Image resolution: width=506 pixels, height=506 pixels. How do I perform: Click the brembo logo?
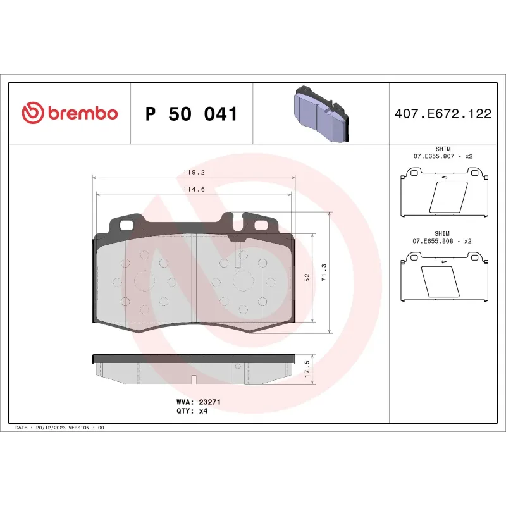pyautogui.click(x=70, y=113)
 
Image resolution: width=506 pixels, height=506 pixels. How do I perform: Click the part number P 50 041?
pyautogui.click(x=191, y=114)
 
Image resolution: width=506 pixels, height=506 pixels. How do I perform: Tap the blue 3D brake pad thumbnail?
pyautogui.click(x=321, y=113)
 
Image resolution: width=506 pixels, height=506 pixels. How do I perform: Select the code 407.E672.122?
pyautogui.click(x=443, y=114)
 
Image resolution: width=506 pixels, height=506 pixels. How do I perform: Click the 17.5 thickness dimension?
pyautogui.click(x=307, y=369)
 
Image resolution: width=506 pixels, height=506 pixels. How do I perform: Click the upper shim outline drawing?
pyautogui.click(x=443, y=193)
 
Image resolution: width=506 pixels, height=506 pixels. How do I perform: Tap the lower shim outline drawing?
pyautogui.click(x=443, y=278)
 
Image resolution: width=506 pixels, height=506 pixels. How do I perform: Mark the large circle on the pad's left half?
pyautogui.click(x=144, y=281)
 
